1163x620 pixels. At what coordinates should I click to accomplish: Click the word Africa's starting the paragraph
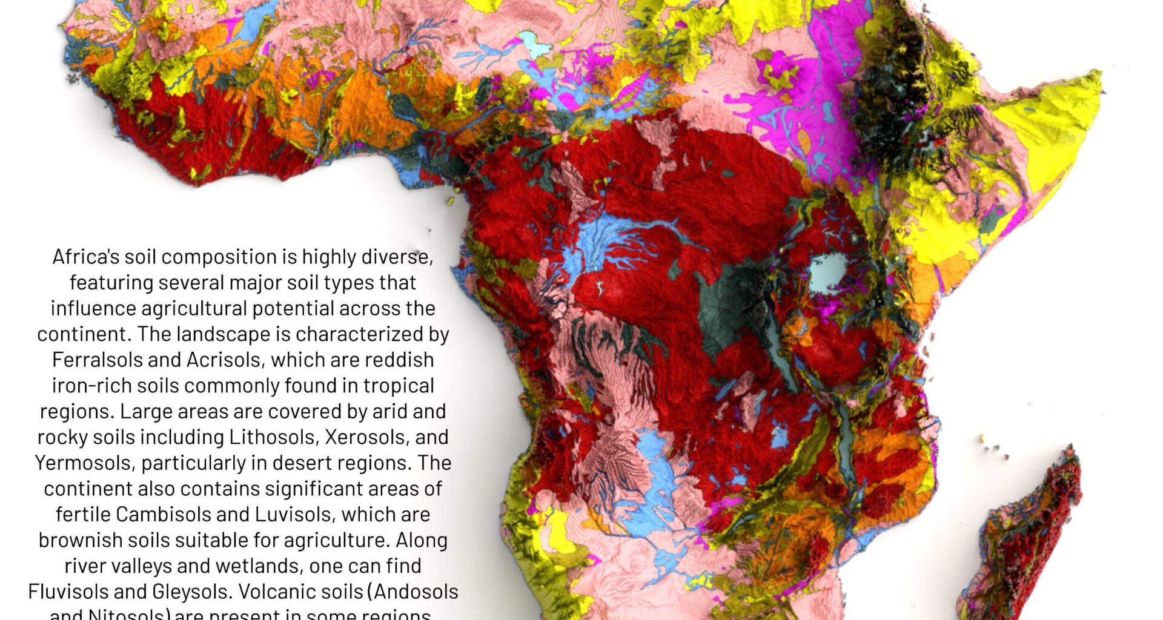(85, 257)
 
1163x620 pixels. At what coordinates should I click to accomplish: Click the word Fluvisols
(67, 592)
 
